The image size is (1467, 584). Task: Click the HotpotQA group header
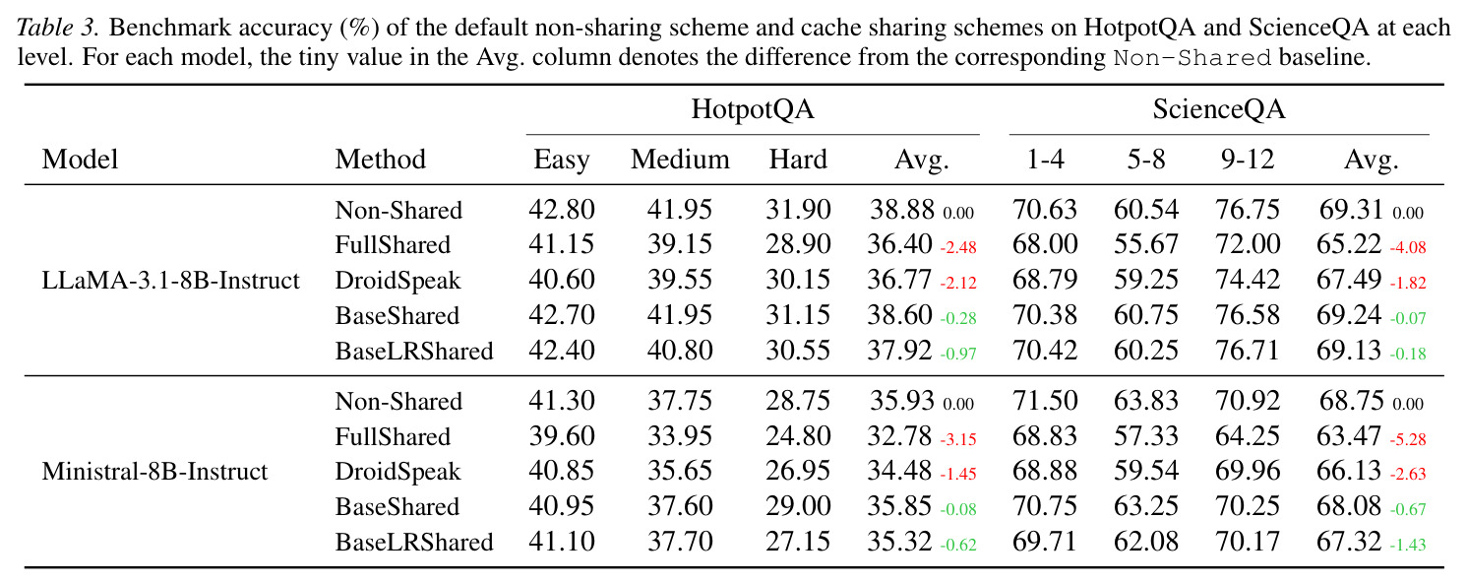[753, 109]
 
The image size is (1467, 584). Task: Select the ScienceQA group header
[1219, 109]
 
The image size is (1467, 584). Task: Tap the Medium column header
[680, 160]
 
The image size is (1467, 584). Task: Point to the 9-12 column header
[1248, 160]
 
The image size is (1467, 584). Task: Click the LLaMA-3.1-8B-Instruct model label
[170, 281]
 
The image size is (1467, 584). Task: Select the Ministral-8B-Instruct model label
[154, 472]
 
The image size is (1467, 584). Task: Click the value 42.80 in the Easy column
[562, 210]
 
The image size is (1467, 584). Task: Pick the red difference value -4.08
[1407, 248]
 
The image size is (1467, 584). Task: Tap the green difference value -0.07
[1407, 318]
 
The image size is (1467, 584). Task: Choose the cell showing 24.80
[798, 436]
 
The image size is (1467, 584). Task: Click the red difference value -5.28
[1407, 439]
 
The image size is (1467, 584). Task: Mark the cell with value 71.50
[1045, 401]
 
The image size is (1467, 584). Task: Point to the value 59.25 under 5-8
[1146, 281]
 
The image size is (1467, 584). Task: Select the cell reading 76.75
[1248, 210]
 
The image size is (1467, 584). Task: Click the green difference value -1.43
[1407, 546]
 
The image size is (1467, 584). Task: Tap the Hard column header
[798, 160]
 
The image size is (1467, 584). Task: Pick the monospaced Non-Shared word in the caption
[1192, 58]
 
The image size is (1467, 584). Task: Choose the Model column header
[80, 160]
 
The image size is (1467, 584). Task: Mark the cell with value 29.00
[798, 506]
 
